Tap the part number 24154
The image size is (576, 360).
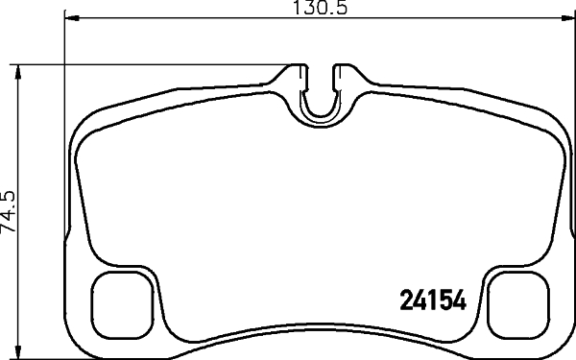click(x=432, y=300)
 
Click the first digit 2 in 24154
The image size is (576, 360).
click(x=405, y=300)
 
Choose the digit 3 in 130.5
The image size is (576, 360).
click(x=311, y=9)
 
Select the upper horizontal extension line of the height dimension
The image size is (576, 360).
click(x=144, y=64)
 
